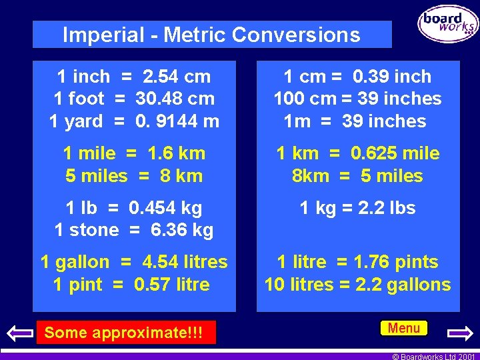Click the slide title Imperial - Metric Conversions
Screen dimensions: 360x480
click(x=211, y=35)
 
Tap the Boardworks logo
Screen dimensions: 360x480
click(x=448, y=24)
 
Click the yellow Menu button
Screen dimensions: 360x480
click(x=404, y=328)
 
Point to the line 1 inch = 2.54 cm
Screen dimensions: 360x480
click(x=134, y=77)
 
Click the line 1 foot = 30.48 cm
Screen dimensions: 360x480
click(x=134, y=99)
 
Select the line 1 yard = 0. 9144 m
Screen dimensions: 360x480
click(x=134, y=121)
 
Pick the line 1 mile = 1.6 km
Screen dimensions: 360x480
click(x=134, y=153)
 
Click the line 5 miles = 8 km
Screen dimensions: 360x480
click(x=134, y=176)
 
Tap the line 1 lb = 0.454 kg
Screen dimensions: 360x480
click(x=134, y=208)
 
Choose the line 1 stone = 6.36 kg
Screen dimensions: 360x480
click(x=134, y=231)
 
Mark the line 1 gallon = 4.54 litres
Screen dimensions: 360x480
click(x=134, y=262)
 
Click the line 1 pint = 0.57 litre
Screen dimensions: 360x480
click(x=131, y=285)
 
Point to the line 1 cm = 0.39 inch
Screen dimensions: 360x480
click(x=357, y=77)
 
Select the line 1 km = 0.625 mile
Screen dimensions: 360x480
click(x=357, y=153)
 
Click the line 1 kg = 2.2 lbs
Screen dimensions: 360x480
click(x=357, y=208)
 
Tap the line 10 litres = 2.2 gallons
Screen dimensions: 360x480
click(x=357, y=285)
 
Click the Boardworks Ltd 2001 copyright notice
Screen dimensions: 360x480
click(x=433, y=356)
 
